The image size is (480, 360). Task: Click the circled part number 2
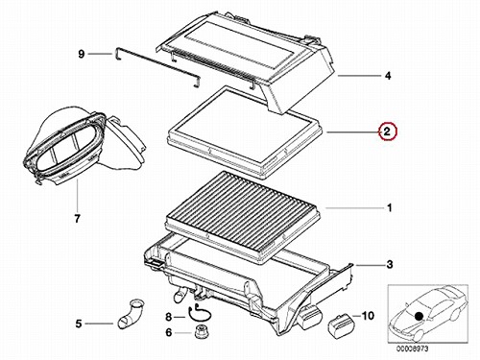[x=387, y=132]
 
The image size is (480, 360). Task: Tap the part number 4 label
[x=388, y=76]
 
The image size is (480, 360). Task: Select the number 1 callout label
[x=389, y=208]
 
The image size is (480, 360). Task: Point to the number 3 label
[x=389, y=265]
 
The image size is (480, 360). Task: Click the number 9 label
[x=82, y=54]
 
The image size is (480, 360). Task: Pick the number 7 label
[x=77, y=219]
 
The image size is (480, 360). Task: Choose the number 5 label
[x=79, y=324]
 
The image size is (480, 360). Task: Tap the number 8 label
[x=169, y=317]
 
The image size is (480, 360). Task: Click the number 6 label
[x=169, y=333]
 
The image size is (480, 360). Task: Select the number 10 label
[x=368, y=316]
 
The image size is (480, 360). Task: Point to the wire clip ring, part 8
[x=199, y=314]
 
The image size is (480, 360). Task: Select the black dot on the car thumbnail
[x=419, y=317]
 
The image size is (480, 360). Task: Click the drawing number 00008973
[x=413, y=348]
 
